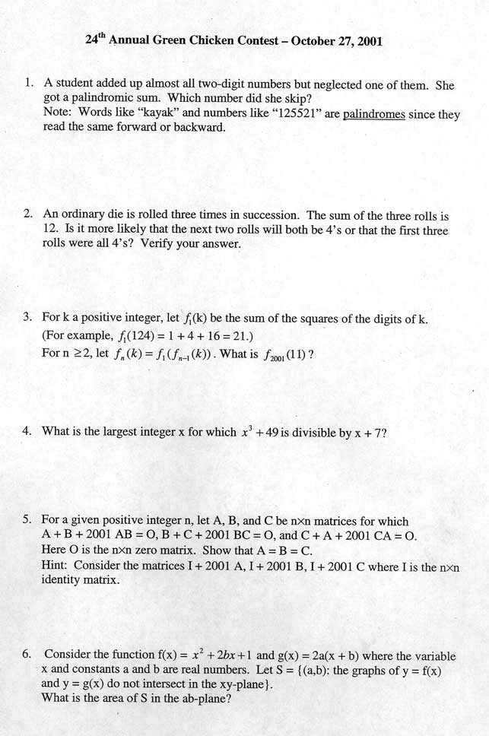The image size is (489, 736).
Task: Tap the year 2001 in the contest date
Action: (367, 41)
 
